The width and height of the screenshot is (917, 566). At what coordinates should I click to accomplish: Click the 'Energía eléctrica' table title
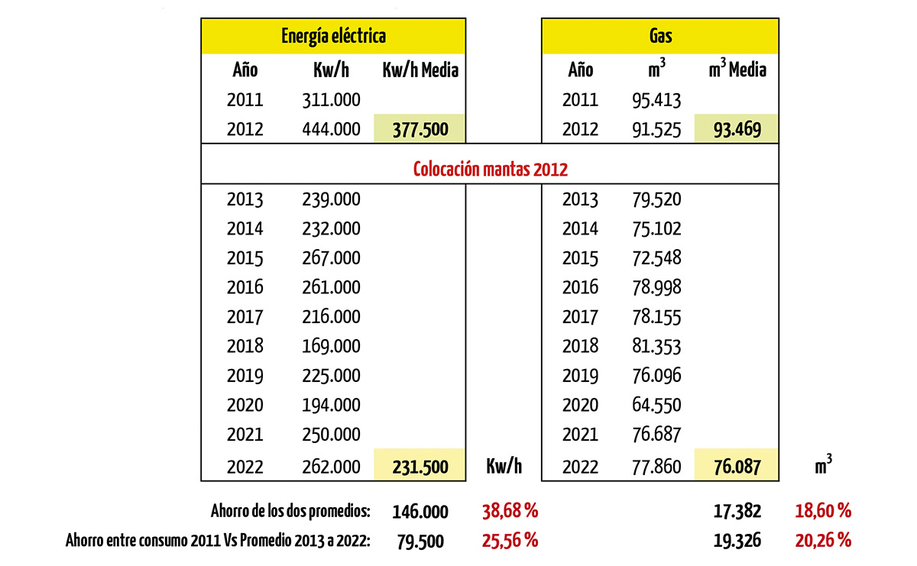coord(333,37)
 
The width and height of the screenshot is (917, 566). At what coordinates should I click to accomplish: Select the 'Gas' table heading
coord(660,36)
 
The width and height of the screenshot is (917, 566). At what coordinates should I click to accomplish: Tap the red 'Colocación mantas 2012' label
coord(490,169)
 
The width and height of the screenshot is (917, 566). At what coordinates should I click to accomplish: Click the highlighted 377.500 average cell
coord(420,128)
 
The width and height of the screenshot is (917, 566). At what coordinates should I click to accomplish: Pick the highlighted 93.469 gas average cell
coord(737,128)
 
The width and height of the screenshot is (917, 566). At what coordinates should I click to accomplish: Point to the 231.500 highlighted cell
coord(420,465)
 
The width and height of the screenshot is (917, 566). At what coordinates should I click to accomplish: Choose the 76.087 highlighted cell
coord(737,465)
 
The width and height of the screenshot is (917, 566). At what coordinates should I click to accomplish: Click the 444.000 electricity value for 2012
coord(331,129)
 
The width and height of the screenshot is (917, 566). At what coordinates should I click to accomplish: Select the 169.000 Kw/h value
coord(331,346)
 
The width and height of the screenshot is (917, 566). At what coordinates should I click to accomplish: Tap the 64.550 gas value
coord(656,405)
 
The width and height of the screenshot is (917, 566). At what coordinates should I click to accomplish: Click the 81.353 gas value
coord(656,346)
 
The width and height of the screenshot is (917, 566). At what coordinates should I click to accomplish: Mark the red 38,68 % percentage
coord(510,511)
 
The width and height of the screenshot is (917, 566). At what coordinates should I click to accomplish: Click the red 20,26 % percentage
coord(823,541)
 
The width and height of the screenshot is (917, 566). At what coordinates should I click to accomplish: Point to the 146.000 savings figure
coord(420,512)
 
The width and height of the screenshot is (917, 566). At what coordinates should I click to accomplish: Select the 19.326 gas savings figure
coord(737,541)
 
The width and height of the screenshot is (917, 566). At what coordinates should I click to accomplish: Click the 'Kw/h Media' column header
coord(420,70)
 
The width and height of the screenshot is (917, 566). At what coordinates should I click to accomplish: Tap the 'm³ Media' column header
coord(737,68)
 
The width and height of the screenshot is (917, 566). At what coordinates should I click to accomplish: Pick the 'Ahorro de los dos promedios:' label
coord(290,511)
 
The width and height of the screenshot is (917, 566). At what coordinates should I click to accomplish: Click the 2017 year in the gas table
coord(580,317)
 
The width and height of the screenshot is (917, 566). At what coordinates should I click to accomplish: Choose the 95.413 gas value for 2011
coord(656,100)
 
